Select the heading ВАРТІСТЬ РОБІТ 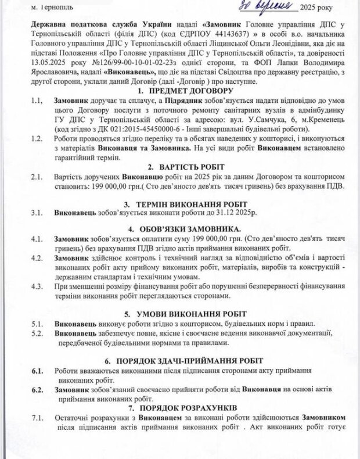point(183,165)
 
